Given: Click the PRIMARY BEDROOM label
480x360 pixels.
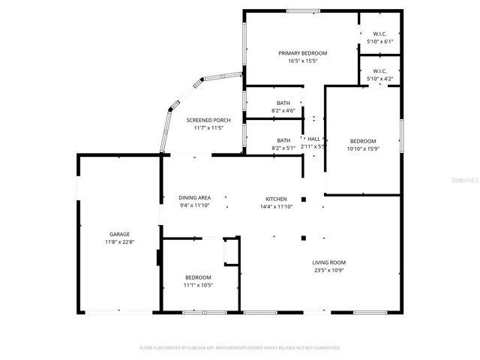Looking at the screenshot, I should pos(302,53).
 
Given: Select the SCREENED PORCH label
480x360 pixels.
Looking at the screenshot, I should pos(208,120).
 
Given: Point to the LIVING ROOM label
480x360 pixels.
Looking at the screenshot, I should pos(329,262).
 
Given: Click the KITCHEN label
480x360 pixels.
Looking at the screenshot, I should pos(271,199).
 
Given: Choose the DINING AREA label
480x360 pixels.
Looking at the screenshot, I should pos(194,198).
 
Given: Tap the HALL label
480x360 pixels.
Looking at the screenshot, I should pos(313,139).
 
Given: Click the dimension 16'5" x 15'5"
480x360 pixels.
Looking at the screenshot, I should pos(302,61).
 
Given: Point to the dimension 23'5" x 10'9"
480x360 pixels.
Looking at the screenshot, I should pos(329,270).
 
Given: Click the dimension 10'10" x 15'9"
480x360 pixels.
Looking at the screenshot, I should pos(363,148).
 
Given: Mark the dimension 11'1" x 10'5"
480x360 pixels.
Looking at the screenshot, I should pos(199,285).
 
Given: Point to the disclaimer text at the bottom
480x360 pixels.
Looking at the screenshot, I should pos(240,348).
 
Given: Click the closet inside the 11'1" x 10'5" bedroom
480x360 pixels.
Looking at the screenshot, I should pos(230,252).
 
